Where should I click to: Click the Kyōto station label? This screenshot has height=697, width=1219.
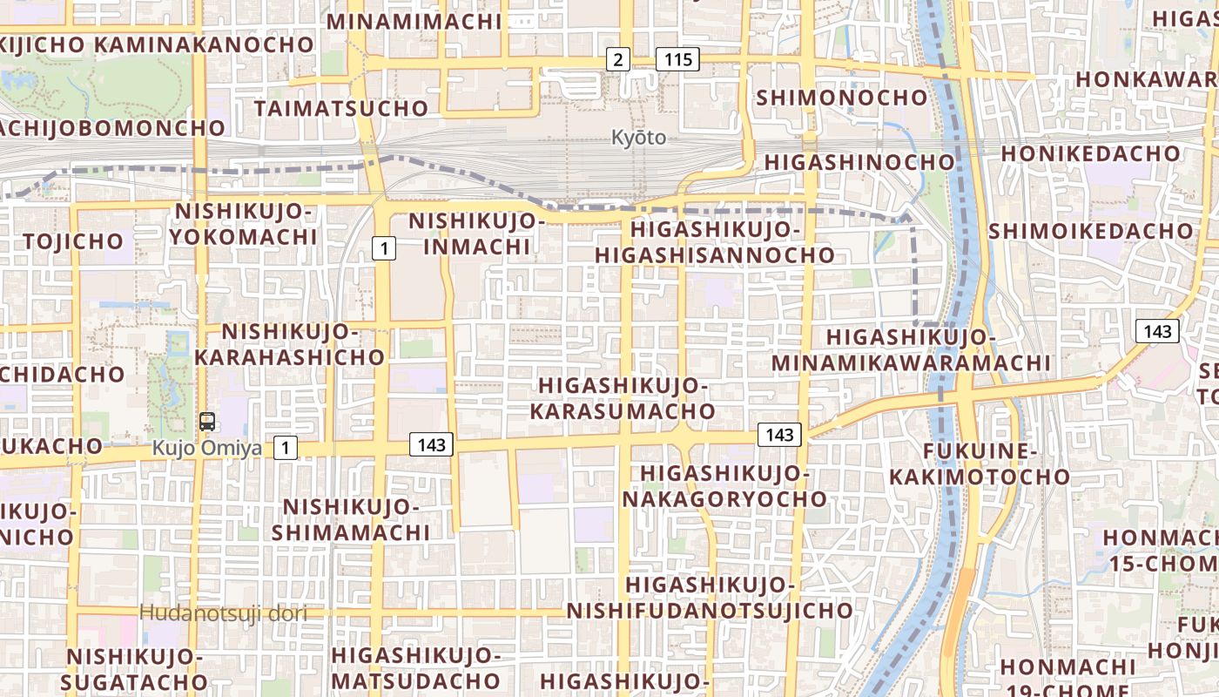tap(638, 138)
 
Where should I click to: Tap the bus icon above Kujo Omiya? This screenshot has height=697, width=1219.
tap(207, 422)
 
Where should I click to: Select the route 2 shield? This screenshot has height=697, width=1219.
tap(617, 59)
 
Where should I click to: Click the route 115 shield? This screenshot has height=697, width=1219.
tap(677, 59)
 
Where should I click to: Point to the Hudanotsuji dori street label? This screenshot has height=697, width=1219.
tap(224, 613)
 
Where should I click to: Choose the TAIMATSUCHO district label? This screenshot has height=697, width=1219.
tap(341, 109)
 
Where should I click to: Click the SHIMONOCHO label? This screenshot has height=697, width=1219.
tap(842, 98)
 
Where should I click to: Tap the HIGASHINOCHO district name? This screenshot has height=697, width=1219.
tap(859, 163)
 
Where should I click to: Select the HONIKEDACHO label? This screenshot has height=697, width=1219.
tap(1090, 154)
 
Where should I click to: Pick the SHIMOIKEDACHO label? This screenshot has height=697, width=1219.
tap(1090, 232)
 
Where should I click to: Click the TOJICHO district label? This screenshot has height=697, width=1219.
tap(74, 241)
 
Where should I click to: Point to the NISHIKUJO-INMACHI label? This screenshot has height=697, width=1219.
tap(476, 234)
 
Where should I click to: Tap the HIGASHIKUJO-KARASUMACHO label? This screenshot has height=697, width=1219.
tap(623, 398)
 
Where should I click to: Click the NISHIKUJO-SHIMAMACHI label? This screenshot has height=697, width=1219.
tap(351, 519)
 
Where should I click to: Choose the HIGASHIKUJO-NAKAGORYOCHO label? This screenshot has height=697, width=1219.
tap(724, 486)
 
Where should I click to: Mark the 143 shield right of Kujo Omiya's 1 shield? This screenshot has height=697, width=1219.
tap(431, 445)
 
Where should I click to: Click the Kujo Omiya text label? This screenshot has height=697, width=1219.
tap(207, 449)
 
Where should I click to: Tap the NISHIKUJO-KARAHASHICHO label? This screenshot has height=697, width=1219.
tap(289, 344)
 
